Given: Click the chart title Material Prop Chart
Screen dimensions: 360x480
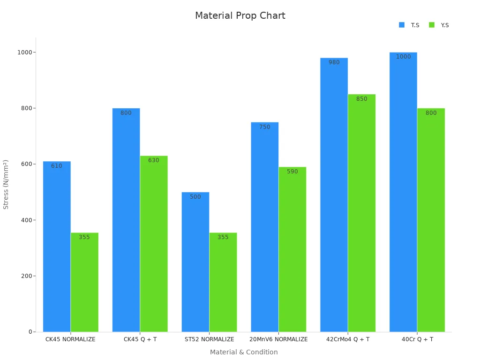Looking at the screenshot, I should (x=240, y=15).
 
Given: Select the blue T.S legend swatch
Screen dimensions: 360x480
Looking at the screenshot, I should (x=402, y=25).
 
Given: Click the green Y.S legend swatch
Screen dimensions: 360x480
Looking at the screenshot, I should (x=432, y=25).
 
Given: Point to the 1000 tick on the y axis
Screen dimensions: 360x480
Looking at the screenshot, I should (x=25, y=52).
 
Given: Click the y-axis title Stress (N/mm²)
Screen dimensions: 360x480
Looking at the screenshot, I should (x=6, y=184).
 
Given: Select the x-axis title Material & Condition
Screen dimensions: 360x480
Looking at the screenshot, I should (x=244, y=352).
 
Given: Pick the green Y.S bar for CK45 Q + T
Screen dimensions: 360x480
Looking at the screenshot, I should (x=154, y=244).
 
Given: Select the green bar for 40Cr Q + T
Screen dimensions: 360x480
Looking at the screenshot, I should (x=431, y=220).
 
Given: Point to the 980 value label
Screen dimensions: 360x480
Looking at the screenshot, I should (x=334, y=62).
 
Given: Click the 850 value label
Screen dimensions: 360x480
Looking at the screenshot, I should (x=361, y=99).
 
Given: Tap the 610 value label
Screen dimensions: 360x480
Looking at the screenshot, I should (x=57, y=166).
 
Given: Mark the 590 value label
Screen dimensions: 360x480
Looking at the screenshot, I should (x=292, y=172).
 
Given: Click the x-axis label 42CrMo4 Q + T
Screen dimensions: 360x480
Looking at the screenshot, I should (x=348, y=339).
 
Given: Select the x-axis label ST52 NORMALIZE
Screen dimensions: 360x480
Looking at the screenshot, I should (x=209, y=339).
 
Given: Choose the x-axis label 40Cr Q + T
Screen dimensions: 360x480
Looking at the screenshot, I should (x=417, y=339).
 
